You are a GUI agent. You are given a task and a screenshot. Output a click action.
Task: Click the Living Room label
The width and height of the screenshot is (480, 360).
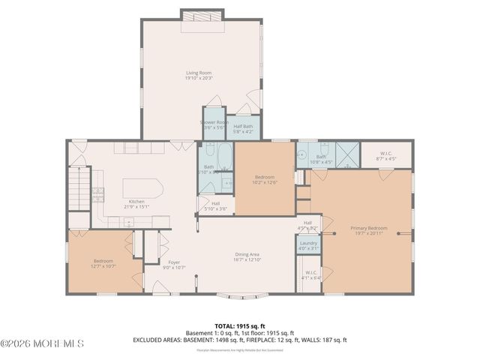(x=199, y=73)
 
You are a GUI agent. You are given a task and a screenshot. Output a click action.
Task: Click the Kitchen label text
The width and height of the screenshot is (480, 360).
(x=136, y=201)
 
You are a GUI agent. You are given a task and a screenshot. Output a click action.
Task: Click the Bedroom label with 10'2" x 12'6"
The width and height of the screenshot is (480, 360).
(x=265, y=178)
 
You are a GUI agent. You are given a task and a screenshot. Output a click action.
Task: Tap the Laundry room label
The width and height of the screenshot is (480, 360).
(x=308, y=243)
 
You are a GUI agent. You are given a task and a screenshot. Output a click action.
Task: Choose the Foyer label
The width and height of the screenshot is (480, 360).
(x=174, y=262)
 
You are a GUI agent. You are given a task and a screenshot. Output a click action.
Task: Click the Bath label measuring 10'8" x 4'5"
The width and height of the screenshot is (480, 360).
(x=321, y=157)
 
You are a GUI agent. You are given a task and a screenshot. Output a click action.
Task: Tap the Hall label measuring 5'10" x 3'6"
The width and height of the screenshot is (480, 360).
(x=215, y=203)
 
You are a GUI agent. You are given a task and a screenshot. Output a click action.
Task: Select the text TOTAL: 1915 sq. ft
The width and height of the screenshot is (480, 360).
(x=239, y=325)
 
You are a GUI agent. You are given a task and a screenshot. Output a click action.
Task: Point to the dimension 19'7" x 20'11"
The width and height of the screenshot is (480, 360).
(x=368, y=232)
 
